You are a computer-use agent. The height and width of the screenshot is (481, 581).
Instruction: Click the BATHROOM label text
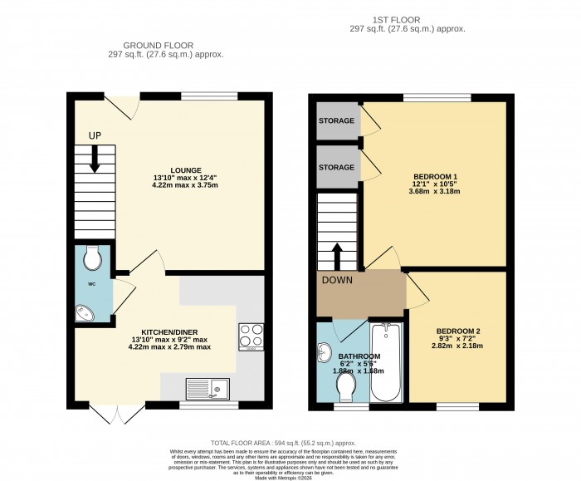coord(358,356)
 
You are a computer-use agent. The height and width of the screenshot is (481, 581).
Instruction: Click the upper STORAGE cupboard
coord(336,121)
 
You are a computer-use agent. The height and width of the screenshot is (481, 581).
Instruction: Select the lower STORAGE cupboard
coord(336,166)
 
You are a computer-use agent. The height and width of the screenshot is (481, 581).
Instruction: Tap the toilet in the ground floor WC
coord(93,257)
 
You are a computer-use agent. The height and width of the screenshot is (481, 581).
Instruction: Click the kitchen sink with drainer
coord(208,387)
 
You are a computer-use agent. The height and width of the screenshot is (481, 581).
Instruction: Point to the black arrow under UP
coord(95,158)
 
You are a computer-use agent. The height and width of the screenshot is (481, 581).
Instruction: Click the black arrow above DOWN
coord(337,254)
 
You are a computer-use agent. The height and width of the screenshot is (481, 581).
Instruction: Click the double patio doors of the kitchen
coord(110,414)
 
